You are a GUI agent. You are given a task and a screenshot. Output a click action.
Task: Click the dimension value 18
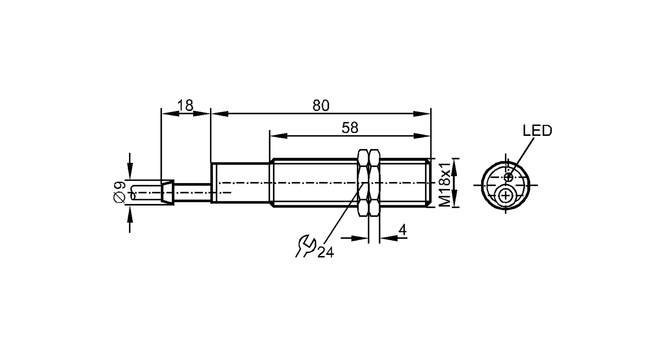click(185, 106)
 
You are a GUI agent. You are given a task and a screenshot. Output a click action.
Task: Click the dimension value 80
click(321, 106)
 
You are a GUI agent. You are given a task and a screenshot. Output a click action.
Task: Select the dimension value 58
click(350, 128)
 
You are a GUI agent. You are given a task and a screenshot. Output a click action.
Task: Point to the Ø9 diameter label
click(119, 192)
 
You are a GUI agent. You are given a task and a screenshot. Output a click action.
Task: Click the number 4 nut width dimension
click(402, 230)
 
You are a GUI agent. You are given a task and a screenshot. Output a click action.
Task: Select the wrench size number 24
click(326, 253)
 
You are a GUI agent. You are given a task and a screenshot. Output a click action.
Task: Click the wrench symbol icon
click(305, 246)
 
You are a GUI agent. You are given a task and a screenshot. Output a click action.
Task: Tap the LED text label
click(537, 131)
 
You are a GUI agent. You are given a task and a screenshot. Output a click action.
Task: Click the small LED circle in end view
click(508, 177)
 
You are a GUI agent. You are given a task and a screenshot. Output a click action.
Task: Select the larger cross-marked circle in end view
click(505, 196)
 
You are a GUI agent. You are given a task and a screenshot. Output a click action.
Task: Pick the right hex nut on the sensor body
click(374, 183)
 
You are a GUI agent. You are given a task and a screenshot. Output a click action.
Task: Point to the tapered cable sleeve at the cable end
click(167, 192)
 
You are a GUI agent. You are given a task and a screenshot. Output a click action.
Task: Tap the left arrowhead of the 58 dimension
click(278, 136)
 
